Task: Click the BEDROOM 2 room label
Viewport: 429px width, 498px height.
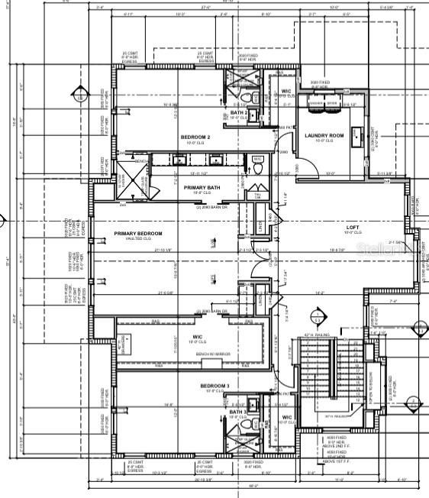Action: pos(195,137)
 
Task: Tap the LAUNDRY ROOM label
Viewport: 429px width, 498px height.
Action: pos(324,136)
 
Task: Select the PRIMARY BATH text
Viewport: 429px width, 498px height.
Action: pos(202,187)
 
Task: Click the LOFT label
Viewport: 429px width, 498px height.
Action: pos(353,227)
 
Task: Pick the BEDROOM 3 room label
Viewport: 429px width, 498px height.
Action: pos(214,386)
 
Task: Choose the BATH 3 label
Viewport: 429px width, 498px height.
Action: pos(237,412)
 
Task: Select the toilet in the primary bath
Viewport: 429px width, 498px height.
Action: pos(258,162)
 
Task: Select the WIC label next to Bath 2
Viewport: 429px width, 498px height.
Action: pos(286,92)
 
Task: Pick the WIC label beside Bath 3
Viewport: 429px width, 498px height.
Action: pos(287,417)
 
